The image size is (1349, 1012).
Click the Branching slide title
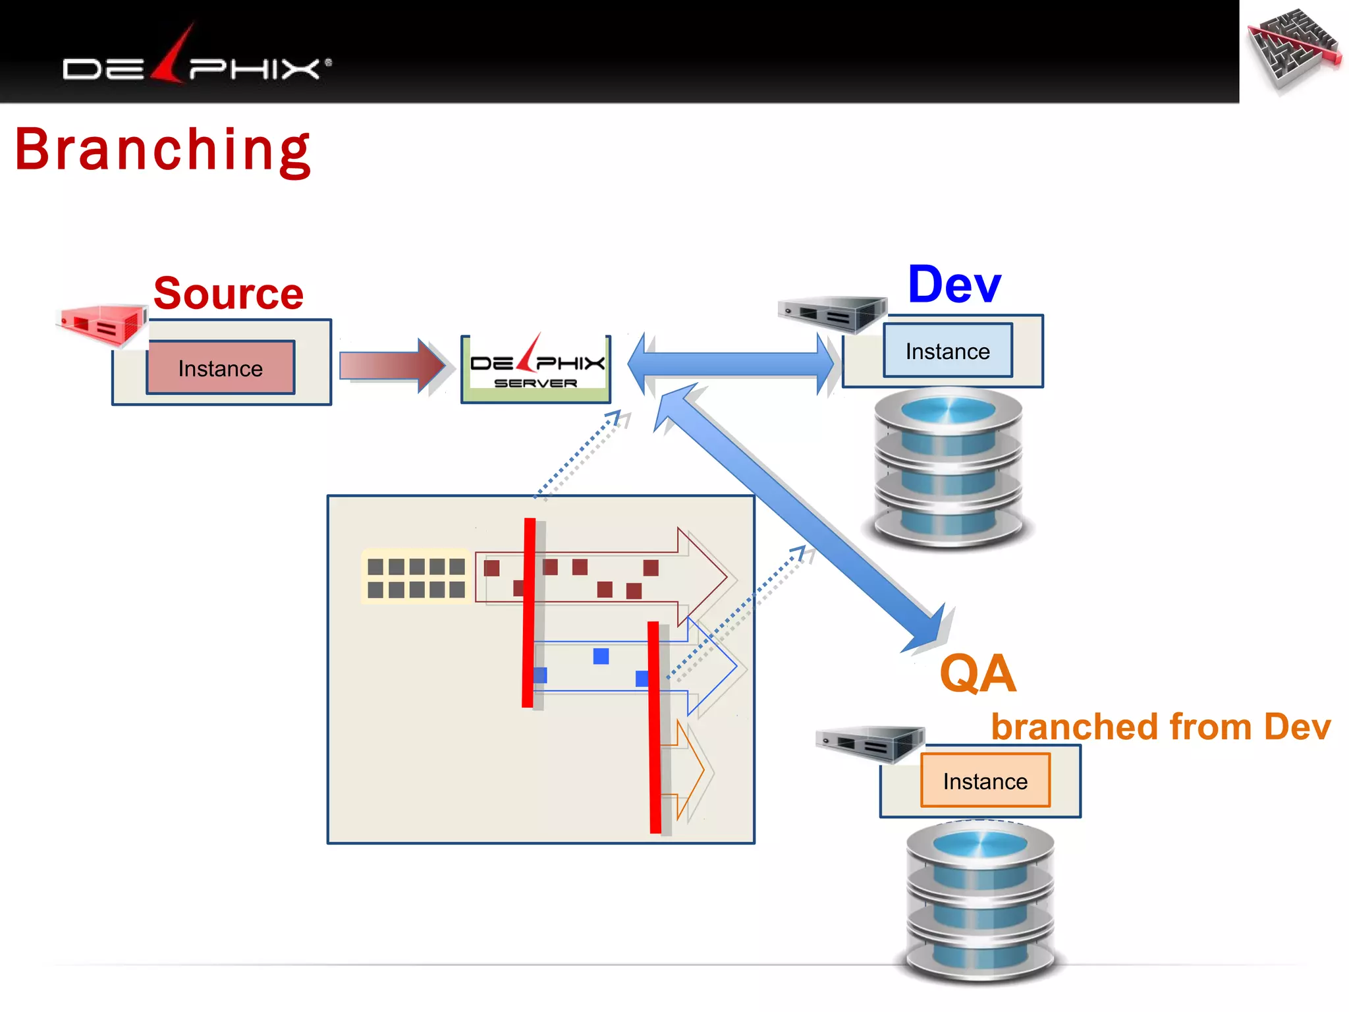click(x=162, y=150)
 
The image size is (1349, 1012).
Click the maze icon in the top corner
click(x=1295, y=50)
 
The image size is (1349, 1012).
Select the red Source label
click(x=228, y=293)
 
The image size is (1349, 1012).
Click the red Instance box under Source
click(x=221, y=368)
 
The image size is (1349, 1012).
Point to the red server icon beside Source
click(x=102, y=324)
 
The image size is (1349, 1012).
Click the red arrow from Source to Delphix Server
click(x=392, y=366)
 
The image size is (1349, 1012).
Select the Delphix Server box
click(x=536, y=369)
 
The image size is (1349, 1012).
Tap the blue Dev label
click(x=954, y=285)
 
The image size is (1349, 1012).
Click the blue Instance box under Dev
click(x=947, y=351)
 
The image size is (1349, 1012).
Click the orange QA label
click(x=977, y=673)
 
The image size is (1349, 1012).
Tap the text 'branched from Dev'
click(x=1161, y=727)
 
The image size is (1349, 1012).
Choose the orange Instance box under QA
click(x=985, y=781)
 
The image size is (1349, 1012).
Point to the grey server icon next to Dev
click(x=831, y=314)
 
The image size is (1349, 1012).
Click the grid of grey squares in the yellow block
click(x=416, y=577)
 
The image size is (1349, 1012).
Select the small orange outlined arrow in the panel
click(x=689, y=770)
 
